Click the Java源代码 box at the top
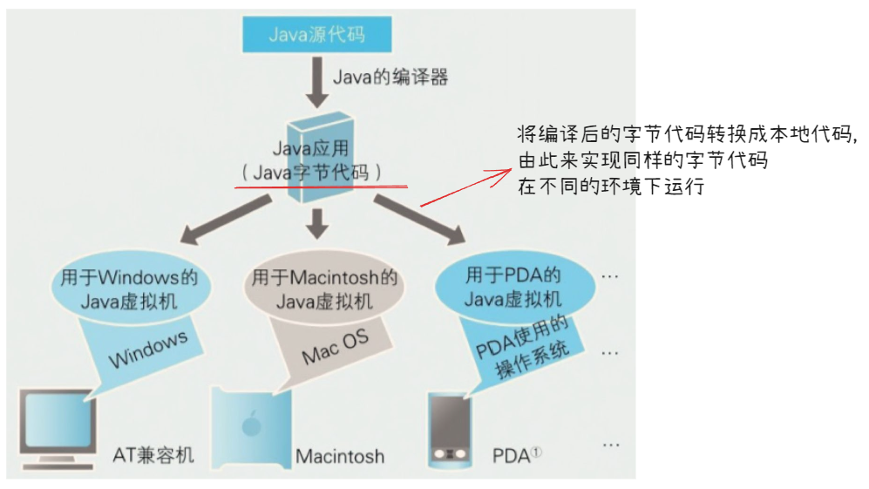pyautogui.click(x=316, y=36)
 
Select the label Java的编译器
pyautogui.click(x=390, y=77)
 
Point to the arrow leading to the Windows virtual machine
pyautogui.click(x=223, y=219)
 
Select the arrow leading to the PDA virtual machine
pyautogui.click(x=417, y=219)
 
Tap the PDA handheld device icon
pyautogui.click(x=450, y=431)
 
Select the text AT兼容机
pyautogui.click(x=153, y=455)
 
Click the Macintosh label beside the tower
pyautogui.click(x=340, y=456)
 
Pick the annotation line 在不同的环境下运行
pyautogui.click(x=610, y=186)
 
